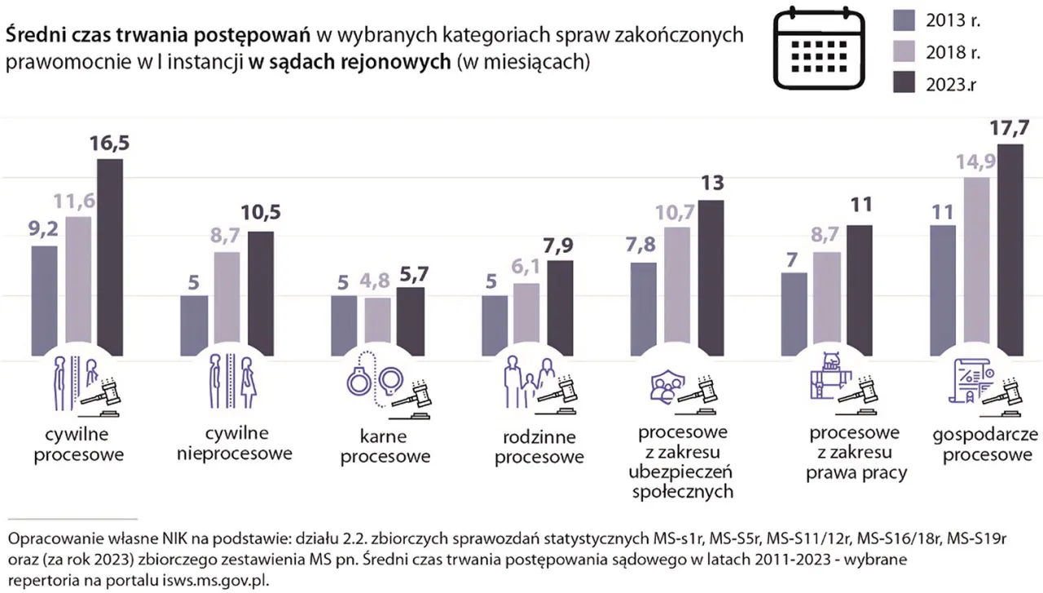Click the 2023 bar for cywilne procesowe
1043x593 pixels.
pos(110,258)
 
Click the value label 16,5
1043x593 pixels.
pos(110,143)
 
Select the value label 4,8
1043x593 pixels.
pos(377,282)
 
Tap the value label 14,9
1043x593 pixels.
pos(978,162)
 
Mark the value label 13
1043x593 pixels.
pos(711,184)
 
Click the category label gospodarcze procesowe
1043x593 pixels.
pos(987,444)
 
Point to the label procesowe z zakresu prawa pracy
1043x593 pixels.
pos(856,452)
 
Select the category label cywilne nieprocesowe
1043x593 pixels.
pos(235,443)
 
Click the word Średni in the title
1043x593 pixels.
pos(35,35)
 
